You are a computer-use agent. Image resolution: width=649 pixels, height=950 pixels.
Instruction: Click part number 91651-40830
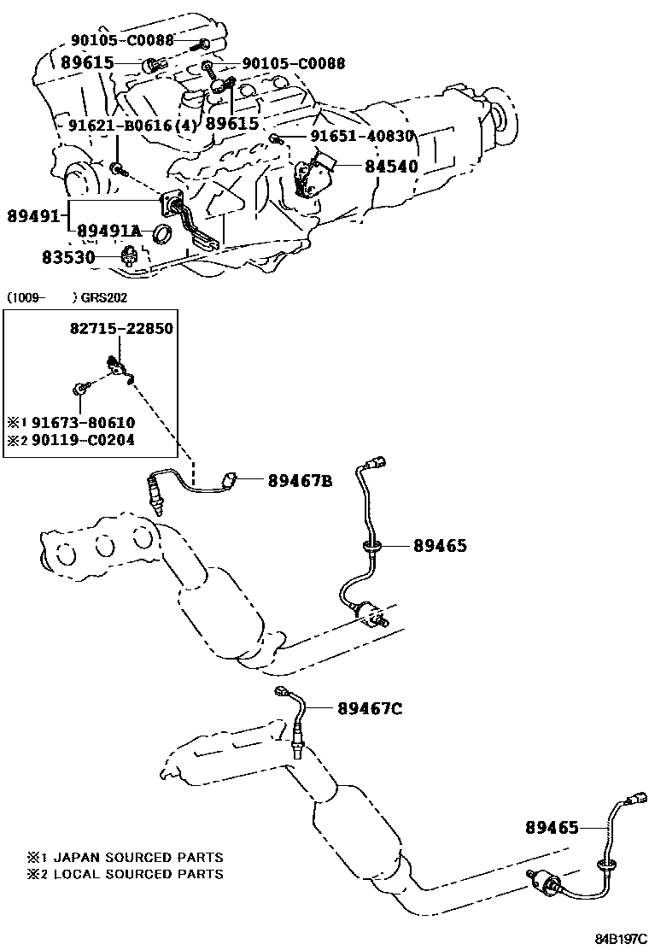pos(361,137)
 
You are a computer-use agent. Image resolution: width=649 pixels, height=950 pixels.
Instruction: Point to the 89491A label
pos(108,232)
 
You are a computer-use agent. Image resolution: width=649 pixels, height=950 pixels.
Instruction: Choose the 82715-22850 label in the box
pos(120,329)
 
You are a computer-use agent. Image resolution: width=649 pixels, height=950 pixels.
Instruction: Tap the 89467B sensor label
pos(300,482)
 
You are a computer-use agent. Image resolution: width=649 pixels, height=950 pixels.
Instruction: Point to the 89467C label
pos(369,708)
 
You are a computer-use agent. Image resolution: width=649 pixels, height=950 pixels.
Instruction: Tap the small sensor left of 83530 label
pos(131,254)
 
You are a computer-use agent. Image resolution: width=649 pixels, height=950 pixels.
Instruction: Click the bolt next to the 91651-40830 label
pos(275,138)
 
